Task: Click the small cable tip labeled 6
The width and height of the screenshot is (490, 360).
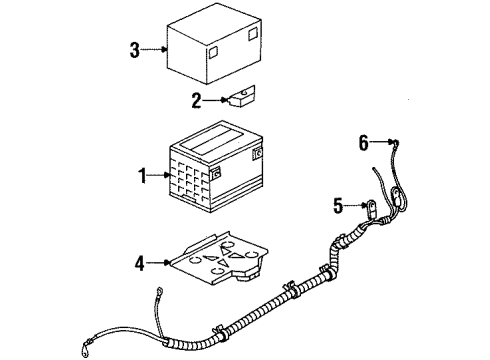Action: (397, 144)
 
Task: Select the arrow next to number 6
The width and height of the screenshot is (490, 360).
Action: (382, 143)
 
